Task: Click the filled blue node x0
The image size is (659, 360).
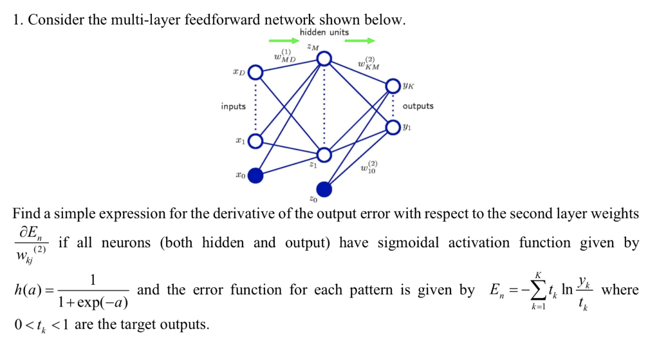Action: (x=256, y=175)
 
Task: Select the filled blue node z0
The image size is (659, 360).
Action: (x=324, y=189)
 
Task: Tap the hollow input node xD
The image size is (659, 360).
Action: (x=255, y=72)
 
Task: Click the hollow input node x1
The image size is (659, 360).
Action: (x=255, y=141)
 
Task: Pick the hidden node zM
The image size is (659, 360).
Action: (x=324, y=59)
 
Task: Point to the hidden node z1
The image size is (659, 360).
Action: (x=324, y=155)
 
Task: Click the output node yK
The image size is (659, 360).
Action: (x=393, y=86)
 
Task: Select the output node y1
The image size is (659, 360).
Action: (x=393, y=127)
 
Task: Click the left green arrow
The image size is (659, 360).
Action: (x=284, y=41)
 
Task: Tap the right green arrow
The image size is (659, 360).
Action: (x=360, y=41)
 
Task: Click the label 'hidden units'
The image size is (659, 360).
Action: (x=324, y=32)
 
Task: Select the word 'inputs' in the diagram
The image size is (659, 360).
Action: (x=233, y=106)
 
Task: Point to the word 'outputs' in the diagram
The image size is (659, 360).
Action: (x=418, y=106)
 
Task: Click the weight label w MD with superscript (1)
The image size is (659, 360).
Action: (x=284, y=55)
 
